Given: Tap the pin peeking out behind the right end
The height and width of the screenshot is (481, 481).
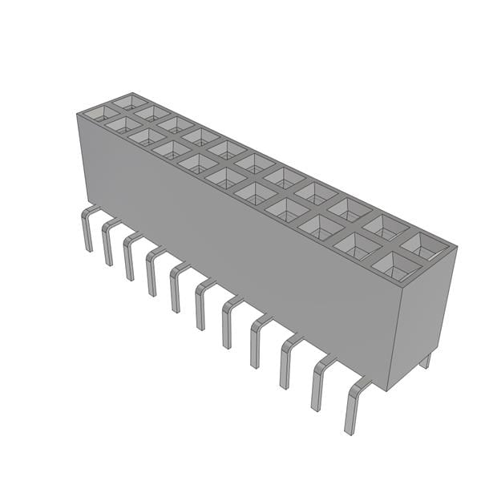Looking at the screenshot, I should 425,361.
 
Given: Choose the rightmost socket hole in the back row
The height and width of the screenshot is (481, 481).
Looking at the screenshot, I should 422,244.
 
